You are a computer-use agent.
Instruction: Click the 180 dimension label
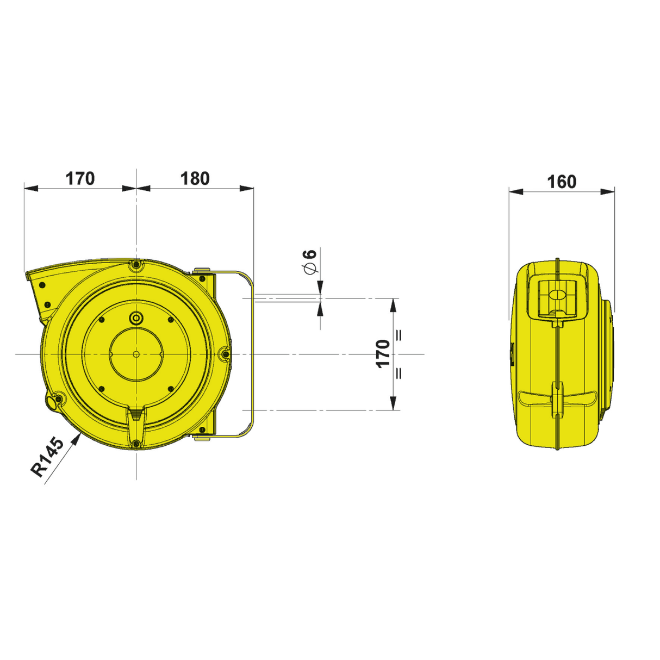(x=195, y=178)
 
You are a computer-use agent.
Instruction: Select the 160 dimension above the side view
(x=562, y=182)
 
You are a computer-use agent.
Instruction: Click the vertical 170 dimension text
(x=383, y=354)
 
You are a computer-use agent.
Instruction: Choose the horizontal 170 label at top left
(x=80, y=178)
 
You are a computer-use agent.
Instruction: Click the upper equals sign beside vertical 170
(x=400, y=335)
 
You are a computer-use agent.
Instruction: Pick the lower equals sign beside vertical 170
(x=400, y=373)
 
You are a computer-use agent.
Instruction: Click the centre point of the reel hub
(x=136, y=354)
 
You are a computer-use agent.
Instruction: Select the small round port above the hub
(x=136, y=317)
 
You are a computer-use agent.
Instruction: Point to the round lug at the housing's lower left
(x=53, y=402)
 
